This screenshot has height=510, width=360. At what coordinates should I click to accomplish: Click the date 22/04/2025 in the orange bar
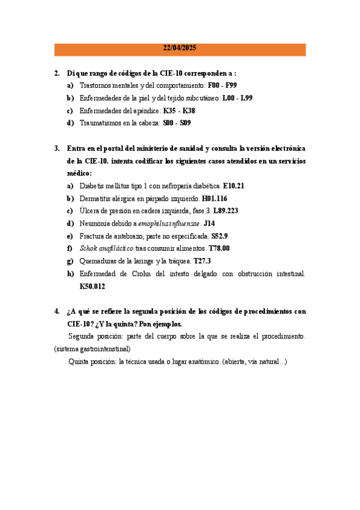coord(180,49)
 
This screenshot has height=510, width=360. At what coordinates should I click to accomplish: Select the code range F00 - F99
coord(223,85)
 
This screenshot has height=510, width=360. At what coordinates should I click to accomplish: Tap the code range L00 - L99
coord(237,98)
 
